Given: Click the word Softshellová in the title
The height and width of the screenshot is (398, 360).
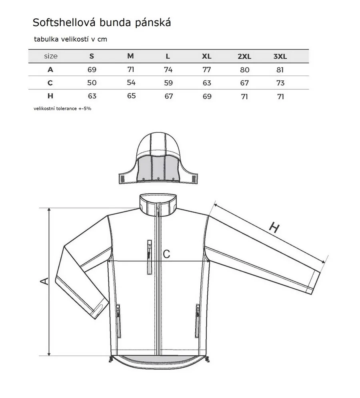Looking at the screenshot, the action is [x=64, y=22].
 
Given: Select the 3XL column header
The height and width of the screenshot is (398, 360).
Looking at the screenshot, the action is [x=280, y=56].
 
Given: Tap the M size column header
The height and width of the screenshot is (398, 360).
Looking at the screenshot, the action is [x=130, y=56].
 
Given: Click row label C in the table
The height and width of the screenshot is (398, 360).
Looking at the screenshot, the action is [x=50, y=83].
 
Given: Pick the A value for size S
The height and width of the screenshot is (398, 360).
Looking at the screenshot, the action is [x=92, y=70].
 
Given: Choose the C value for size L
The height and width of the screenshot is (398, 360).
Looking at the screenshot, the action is [x=168, y=83].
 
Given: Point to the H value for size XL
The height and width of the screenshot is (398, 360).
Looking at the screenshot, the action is [x=207, y=96].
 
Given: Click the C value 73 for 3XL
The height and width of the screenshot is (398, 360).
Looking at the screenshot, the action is [x=280, y=83].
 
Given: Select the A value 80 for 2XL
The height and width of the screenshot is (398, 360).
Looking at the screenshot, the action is [x=244, y=70].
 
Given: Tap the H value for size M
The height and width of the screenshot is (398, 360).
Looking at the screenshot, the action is [x=131, y=96].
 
